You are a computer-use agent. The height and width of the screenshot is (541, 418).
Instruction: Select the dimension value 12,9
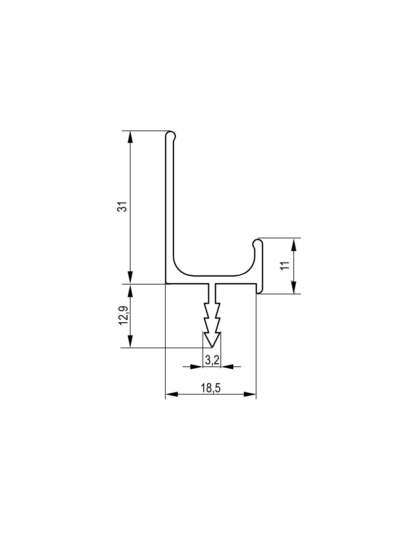[123, 315]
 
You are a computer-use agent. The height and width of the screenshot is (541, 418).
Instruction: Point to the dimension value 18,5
[211, 388]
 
